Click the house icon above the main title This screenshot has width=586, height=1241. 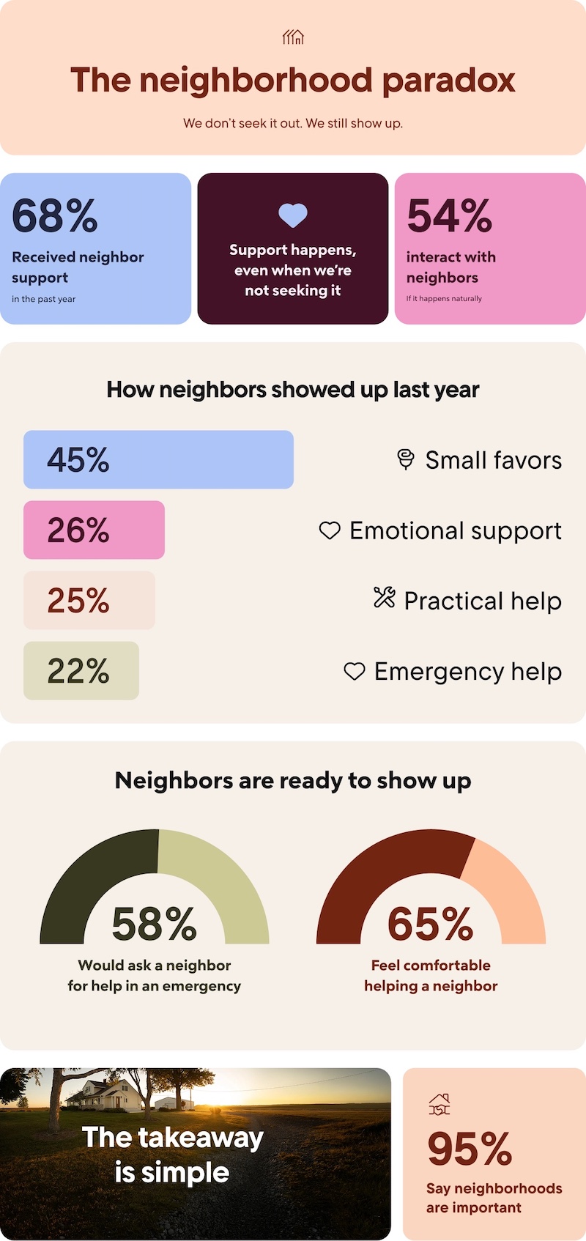click(x=293, y=37)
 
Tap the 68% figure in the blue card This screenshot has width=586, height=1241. click(x=55, y=216)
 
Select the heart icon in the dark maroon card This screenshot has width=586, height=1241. click(x=293, y=215)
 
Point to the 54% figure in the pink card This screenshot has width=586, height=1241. click(x=449, y=216)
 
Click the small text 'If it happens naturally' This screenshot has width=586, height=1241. click(x=444, y=299)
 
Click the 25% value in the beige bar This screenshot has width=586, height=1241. click(x=78, y=601)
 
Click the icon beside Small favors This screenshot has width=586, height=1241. click(x=405, y=459)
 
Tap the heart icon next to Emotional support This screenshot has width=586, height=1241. click(x=330, y=530)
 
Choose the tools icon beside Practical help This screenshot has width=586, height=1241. click(x=384, y=598)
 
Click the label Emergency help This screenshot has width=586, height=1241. click(x=467, y=671)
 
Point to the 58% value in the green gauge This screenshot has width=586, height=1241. click(x=154, y=925)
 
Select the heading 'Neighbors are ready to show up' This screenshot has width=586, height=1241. click(x=293, y=781)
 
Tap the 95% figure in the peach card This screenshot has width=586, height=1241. click(x=469, y=1149)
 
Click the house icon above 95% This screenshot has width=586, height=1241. click(x=439, y=1104)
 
